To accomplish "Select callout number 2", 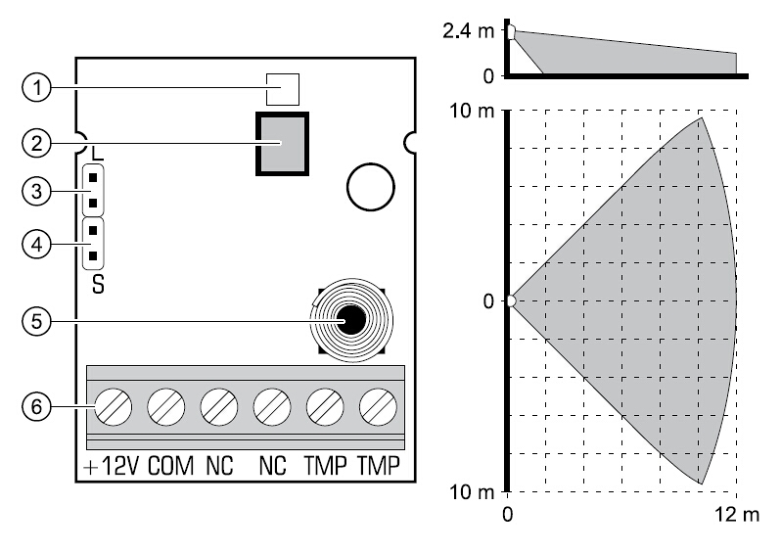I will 35,143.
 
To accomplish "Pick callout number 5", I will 35,320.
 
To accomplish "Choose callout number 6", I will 35,404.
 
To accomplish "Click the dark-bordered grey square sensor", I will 282,144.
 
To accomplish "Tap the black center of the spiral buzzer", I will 351,319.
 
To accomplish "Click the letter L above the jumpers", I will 96,155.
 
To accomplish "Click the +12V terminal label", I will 111,467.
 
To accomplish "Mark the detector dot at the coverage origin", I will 509,300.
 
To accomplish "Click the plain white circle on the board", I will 370,186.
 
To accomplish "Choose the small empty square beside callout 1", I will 284,89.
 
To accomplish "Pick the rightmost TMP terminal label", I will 379,467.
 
